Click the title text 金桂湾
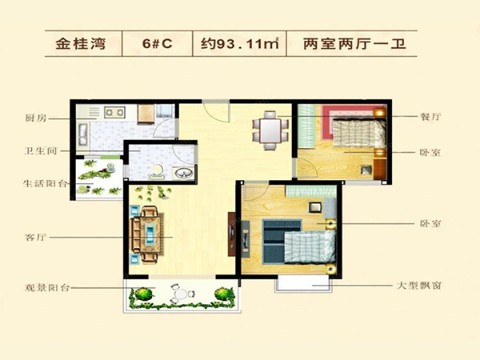tap(81, 44)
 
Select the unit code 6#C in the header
tap(158, 44)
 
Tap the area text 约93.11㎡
tap(240, 44)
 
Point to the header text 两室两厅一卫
tap(354, 44)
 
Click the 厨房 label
tap(36, 118)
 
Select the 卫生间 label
tap(41, 151)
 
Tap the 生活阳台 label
tap(45, 183)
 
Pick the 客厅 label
tap(35, 238)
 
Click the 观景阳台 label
tap(47, 288)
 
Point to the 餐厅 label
tap(430, 116)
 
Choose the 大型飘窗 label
tap(419, 286)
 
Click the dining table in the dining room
tap(270, 130)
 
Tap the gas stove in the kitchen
tap(114, 112)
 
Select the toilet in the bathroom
tap(158, 171)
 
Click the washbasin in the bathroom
tap(184, 173)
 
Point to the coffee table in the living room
tap(150, 234)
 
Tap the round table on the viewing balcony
tap(181, 294)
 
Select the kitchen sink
tap(83, 134)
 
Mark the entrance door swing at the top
tap(216, 111)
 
